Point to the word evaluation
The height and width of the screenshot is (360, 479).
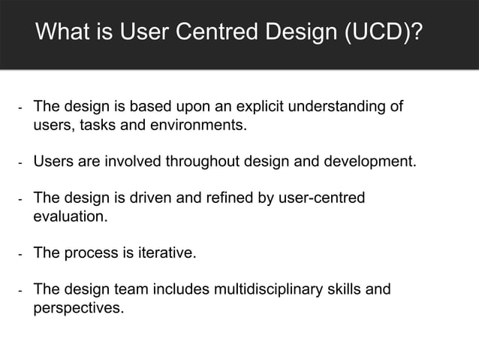(70, 216)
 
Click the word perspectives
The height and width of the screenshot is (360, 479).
(78, 307)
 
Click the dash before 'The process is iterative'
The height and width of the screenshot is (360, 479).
(20, 253)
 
